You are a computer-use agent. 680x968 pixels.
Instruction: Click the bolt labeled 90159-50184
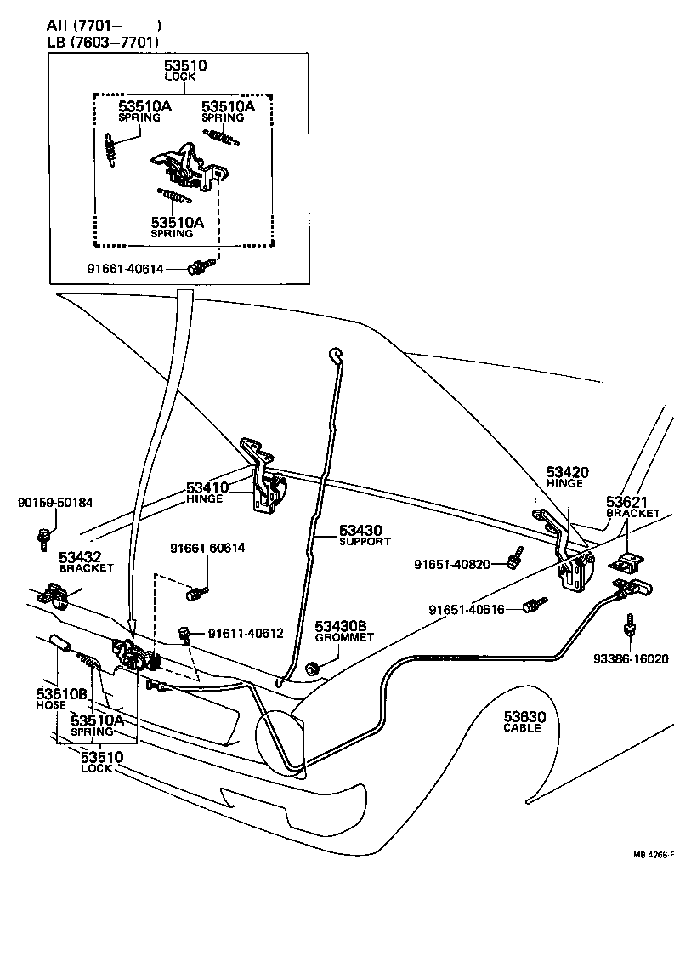(x=43, y=537)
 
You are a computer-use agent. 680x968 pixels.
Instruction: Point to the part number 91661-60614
(x=207, y=549)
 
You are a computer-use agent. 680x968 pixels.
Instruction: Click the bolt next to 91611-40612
(x=183, y=632)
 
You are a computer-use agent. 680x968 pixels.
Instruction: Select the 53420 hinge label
(x=567, y=472)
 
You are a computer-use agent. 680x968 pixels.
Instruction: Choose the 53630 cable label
(x=524, y=716)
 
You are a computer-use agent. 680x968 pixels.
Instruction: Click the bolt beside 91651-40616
(x=532, y=606)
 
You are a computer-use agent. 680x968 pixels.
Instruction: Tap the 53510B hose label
(x=62, y=693)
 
